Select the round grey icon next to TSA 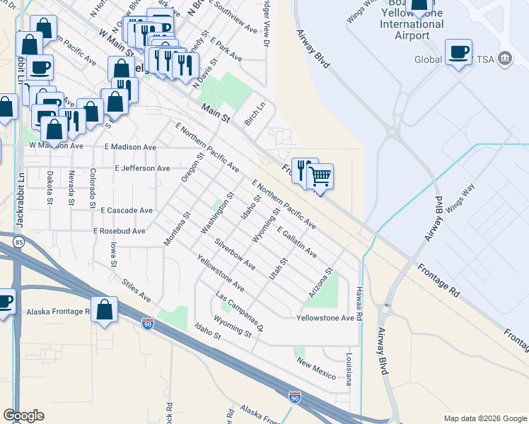(x=505, y=57)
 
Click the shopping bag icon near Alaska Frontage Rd (x=104, y=310)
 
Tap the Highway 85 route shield (x=18, y=243)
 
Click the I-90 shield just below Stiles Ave (x=147, y=324)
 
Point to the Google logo (x=23, y=416)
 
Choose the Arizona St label (x=320, y=282)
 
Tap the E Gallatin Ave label (x=297, y=242)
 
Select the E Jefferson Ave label (x=142, y=168)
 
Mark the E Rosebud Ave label (x=119, y=231)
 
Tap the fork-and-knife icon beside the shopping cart (x=304, y=170)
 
